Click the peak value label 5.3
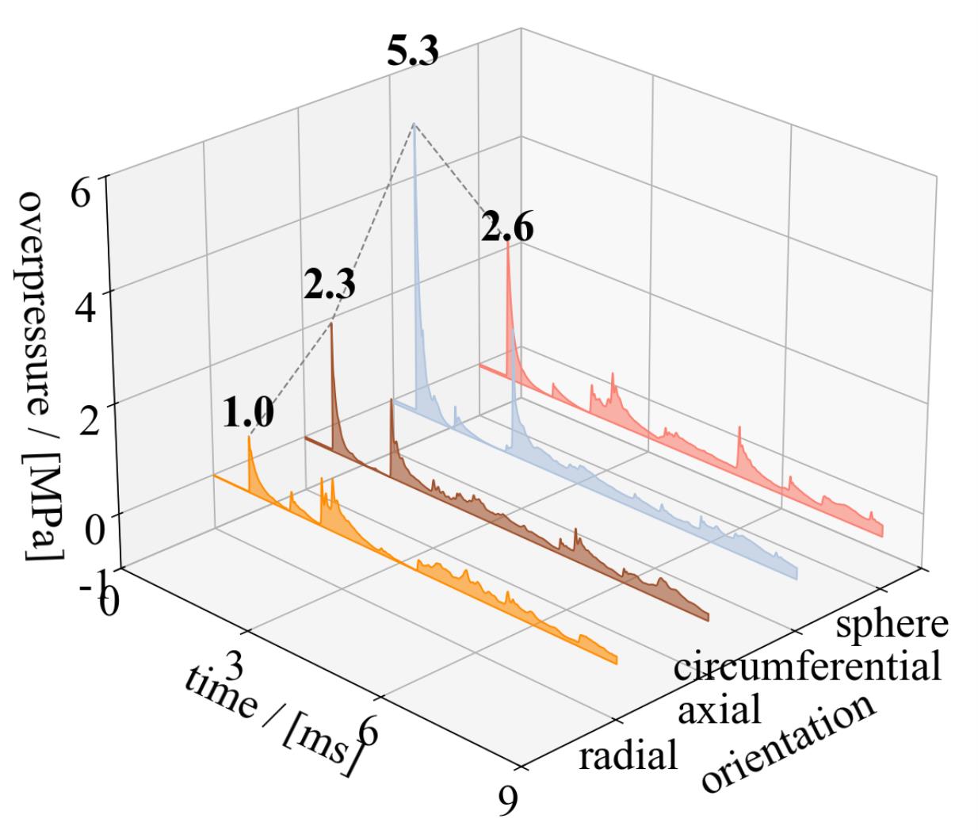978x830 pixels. pyautogui.click(x=412, y=52)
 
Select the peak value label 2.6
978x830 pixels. pyautogui.click(x=507, y=229)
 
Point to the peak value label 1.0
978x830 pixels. pyautogui.click(x=248, y=414)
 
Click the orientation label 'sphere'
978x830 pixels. pyautogui.click(x=892, y=623)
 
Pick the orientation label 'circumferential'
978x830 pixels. pyautogui.click(x=807, y=666)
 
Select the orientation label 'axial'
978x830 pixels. pyautogui.click(x=720, y=710)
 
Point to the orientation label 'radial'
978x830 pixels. pyautogui.click(x=628, y=755)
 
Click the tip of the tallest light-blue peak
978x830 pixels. pyautogui.click(x=413, y=124)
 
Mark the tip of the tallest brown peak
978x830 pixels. pyautogui.click(x=331, y=323)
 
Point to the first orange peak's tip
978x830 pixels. pyautogui.click(x=249, y=437)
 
